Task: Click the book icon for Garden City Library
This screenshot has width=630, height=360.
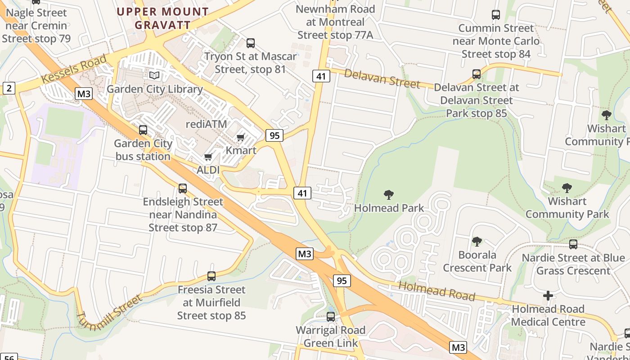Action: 154,75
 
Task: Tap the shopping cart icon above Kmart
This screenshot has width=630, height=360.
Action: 241,137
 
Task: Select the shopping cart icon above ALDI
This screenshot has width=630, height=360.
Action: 208,157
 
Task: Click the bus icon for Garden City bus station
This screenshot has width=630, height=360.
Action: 143,130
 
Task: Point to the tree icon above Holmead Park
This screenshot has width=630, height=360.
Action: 389,195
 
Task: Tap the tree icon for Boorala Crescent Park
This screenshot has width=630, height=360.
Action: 477,242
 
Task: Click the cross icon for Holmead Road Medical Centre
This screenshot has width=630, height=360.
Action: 548,296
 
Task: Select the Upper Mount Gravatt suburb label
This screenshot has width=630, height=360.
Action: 163,18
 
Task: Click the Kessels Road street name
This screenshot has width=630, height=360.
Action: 74,69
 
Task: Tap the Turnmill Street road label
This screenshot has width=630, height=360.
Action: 109,313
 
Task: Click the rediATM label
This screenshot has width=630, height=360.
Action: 207,124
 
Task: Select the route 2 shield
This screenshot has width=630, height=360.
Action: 9,88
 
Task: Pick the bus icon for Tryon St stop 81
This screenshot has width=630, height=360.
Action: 251,43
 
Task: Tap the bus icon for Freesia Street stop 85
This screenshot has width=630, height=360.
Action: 211,276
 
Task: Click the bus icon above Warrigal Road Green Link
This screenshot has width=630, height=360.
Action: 331,316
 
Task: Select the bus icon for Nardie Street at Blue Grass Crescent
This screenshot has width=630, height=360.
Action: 573,244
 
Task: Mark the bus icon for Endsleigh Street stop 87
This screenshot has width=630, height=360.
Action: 183,189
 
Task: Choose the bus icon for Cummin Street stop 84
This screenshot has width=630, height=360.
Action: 496,15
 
